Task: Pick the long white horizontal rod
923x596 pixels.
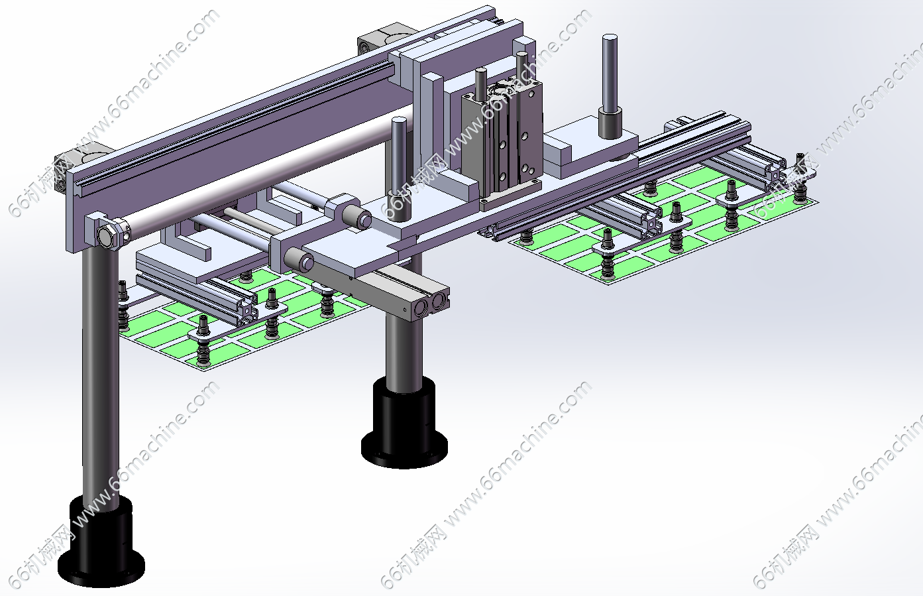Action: click(264, 173)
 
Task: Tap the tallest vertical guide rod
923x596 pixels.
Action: click(610, 72)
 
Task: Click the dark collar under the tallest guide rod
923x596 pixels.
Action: click(610, 123)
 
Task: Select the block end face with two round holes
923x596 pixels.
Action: click(427, 305)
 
